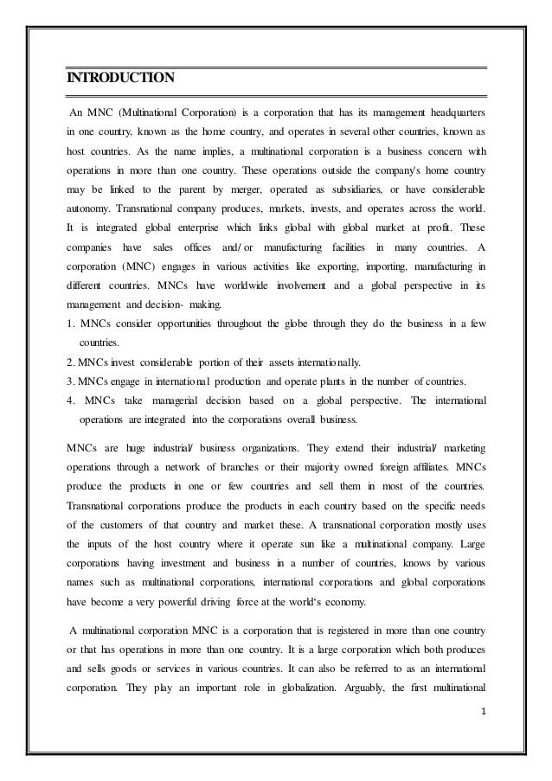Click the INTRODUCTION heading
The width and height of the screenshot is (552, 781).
pos(121,80)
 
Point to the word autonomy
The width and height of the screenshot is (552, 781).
pos(92,208)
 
